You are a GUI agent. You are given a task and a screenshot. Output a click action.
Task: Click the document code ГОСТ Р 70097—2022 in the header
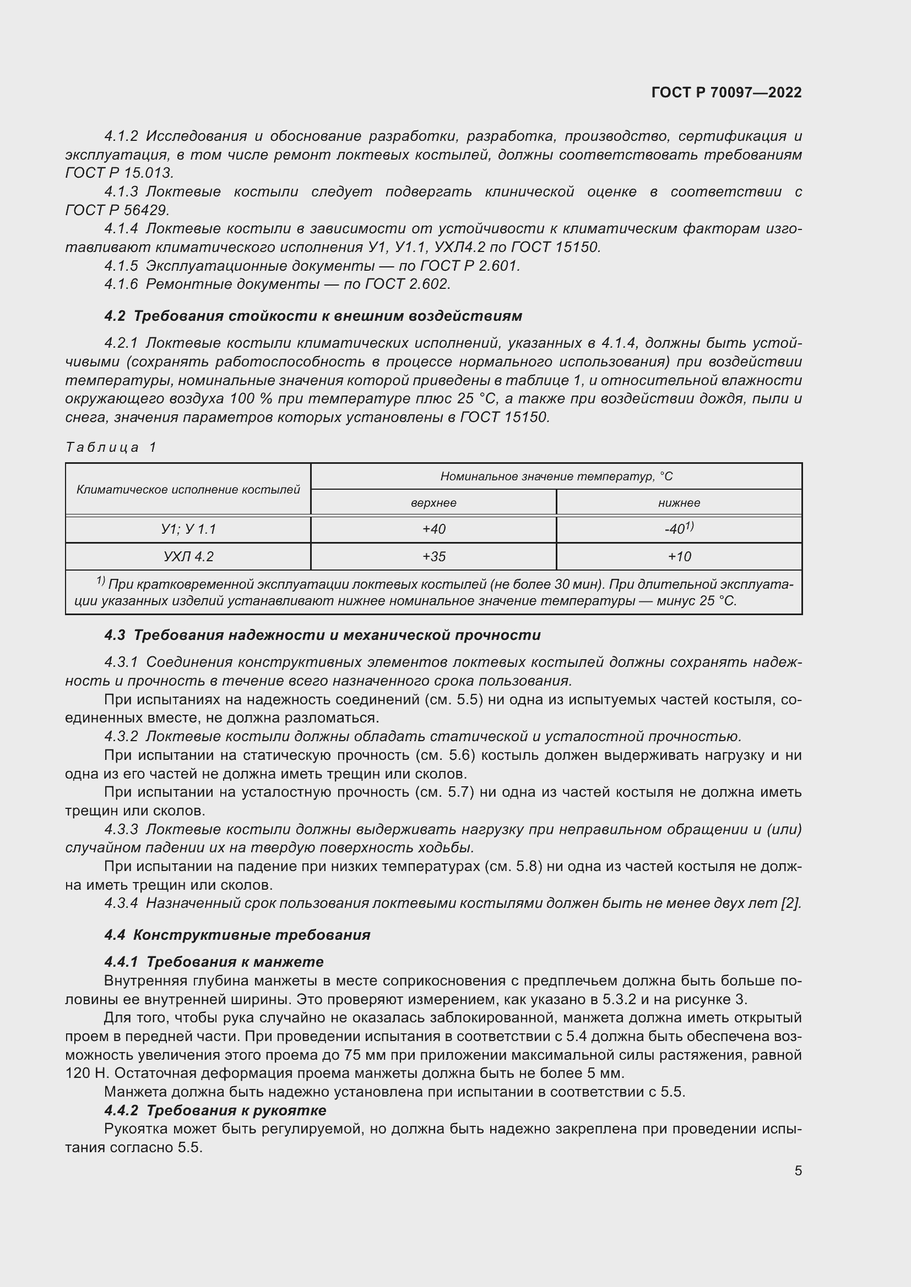coord(726,92)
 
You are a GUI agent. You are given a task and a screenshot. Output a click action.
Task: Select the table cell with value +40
coord(433,529)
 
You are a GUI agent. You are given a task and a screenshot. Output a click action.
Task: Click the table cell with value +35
coord(433,557)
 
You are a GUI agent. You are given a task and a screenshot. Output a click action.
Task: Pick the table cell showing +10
coord(679,557)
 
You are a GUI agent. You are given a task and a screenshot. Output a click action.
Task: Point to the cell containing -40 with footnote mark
coord(679,529)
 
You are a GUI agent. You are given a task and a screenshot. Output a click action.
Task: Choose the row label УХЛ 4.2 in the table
coord(188,557)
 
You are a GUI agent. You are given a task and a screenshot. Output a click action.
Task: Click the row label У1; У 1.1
coord(188,529)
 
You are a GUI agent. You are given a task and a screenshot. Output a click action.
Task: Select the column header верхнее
coord(433,503)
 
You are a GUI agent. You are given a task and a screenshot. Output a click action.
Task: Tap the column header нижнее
coord(679,503)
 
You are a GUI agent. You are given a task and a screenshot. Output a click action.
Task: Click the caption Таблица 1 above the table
coord(111,447)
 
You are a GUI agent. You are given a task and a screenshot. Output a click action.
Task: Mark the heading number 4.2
coord(115,316)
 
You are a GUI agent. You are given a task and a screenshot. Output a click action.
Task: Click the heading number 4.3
coord(115,635)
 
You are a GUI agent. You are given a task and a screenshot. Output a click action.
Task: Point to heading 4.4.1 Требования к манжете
coord(214,962)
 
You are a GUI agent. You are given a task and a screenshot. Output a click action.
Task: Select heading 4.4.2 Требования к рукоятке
coord(215,1110)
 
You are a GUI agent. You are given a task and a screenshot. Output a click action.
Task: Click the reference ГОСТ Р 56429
coord(117,210)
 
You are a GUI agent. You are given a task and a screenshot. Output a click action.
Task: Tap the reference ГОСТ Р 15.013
coord(119,173)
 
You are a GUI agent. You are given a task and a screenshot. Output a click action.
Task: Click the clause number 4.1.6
coord(121,284)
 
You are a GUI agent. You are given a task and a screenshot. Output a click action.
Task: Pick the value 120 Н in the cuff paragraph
coord(82,1074)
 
